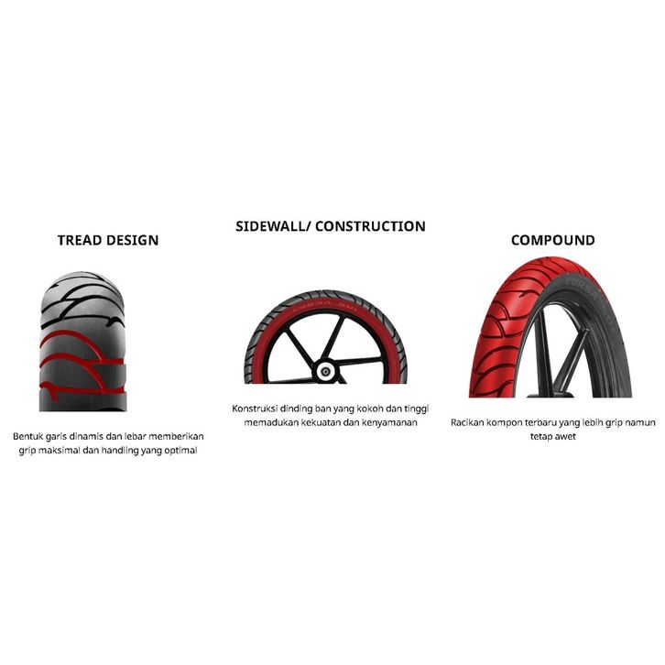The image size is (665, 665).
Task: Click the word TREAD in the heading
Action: [x=79, y=241]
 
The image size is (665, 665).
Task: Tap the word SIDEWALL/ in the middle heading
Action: [x=272, y=226]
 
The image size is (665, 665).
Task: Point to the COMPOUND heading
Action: [x=552, y=241]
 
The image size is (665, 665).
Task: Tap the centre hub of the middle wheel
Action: [x=325, y=371]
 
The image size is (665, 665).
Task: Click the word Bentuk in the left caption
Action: [x=28, y=436]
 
